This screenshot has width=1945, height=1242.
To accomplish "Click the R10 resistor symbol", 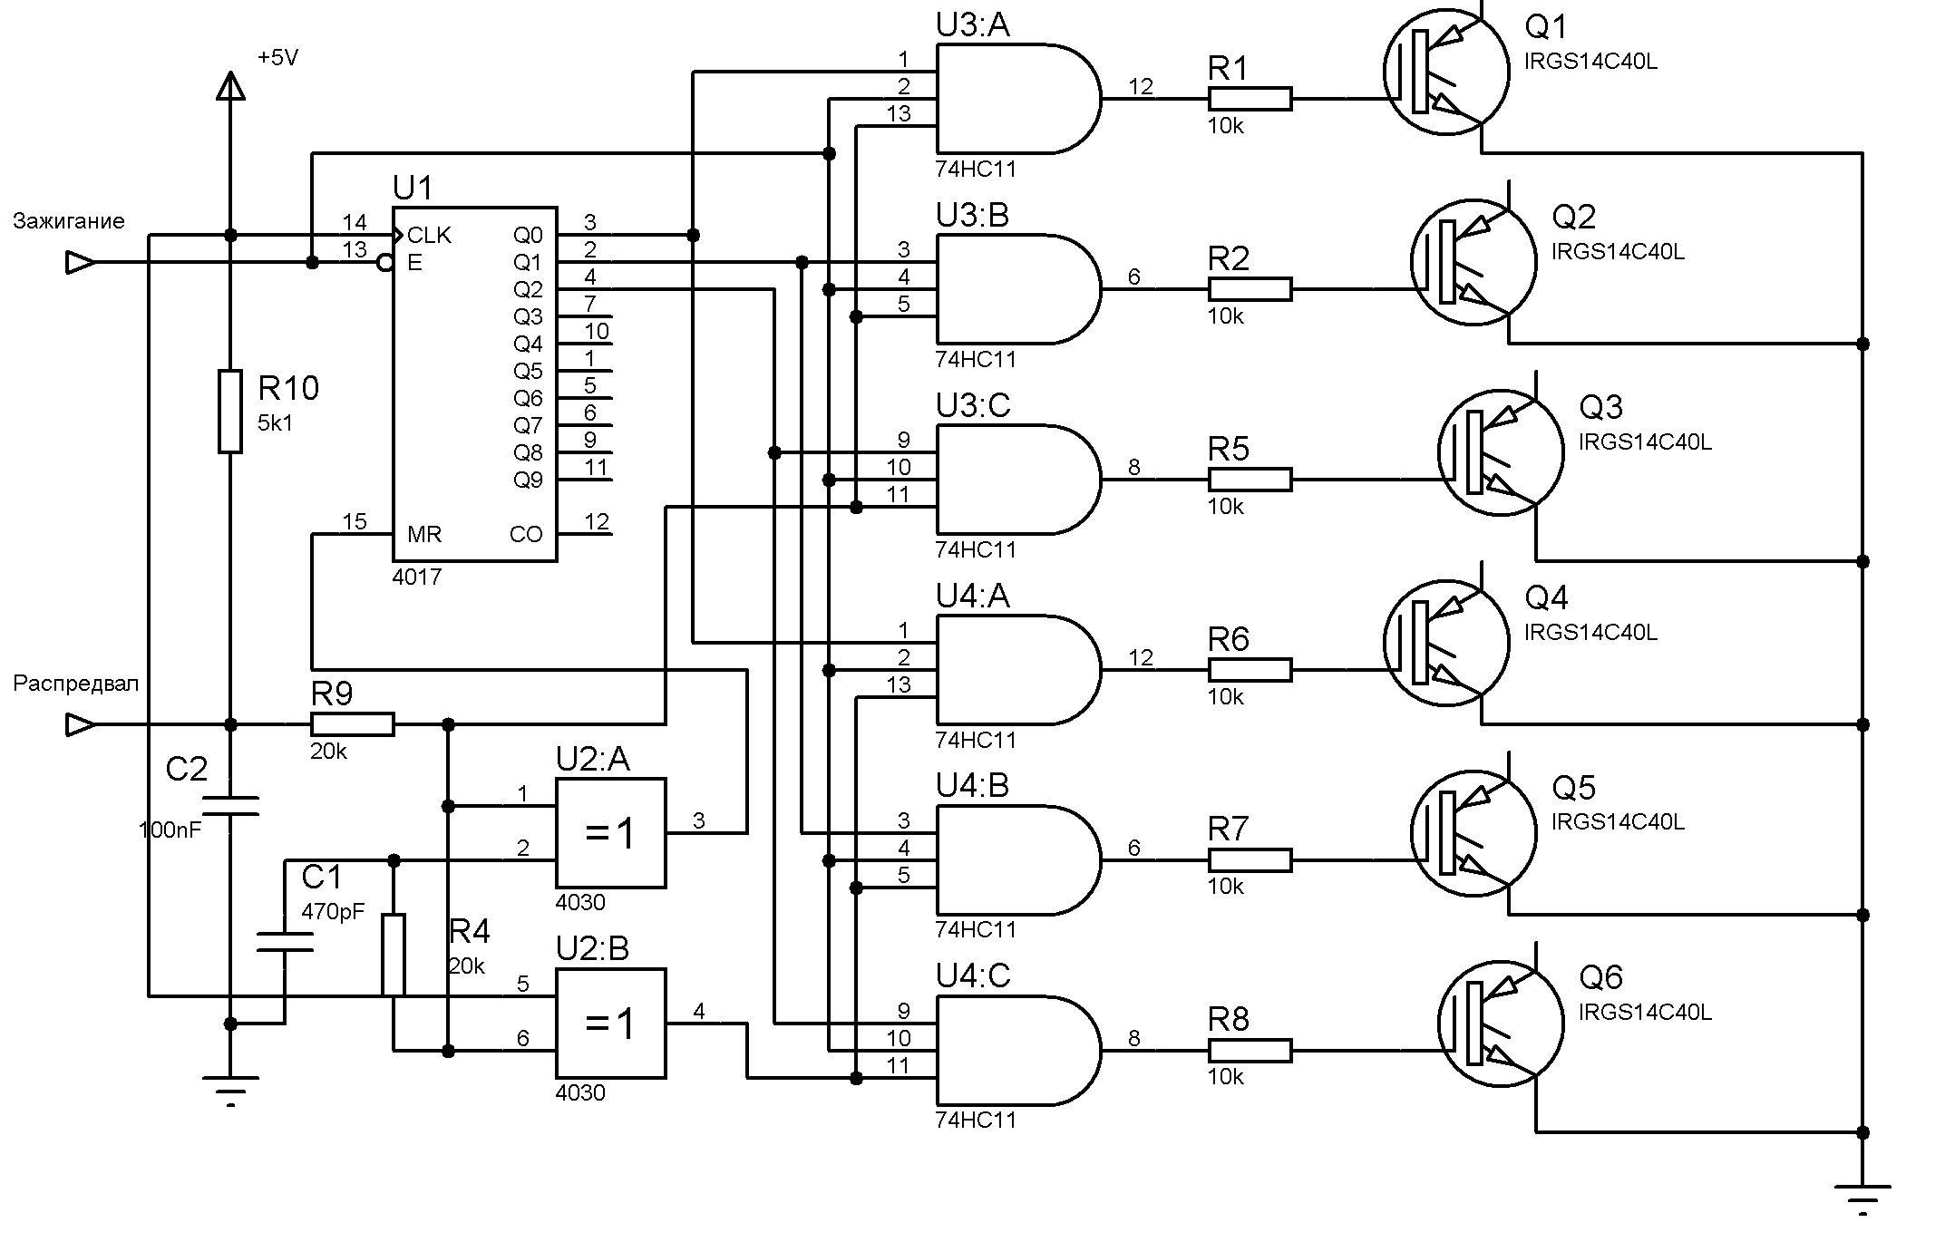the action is click(x=230, y=411).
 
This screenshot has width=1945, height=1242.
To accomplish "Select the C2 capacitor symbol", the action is click(x=230, y=806).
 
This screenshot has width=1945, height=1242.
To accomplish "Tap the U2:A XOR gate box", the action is click(x=610, y=833).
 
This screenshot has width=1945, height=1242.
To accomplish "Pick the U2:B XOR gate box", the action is click(x=610, y=1024).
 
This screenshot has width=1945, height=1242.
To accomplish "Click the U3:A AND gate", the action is click(x=1018, y=99).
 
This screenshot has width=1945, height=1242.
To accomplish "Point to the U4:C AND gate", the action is click(x=1018, y=1051).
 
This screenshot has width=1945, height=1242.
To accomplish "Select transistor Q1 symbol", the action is click(x=1446, y=72).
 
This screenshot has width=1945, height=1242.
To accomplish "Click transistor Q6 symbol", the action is click(x=1501, y=1024).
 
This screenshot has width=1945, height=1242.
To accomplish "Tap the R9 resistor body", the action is click(x=352, y=724).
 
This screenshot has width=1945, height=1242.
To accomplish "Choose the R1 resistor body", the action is click(x=1250, y=99).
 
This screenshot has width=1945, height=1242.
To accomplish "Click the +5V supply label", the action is click(x=277, y=58).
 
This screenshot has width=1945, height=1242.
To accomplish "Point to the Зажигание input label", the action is click(x=69, y=221).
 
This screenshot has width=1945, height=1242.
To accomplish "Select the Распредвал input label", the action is click(x=76, y=684).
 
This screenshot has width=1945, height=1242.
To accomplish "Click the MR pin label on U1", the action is click(x=424, y=534).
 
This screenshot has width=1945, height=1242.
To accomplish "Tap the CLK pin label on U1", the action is click(x=429, y=236).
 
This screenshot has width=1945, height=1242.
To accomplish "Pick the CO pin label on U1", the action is click(x=526, y=534).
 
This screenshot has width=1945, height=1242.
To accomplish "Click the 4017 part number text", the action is click(x=417, y=577).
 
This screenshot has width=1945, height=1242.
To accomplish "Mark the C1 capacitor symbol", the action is click(x=285, y=942).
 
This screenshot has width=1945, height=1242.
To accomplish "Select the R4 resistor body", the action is click(x=393, y=956).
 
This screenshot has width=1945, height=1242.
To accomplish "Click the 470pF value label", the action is click(x=333, y=912).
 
